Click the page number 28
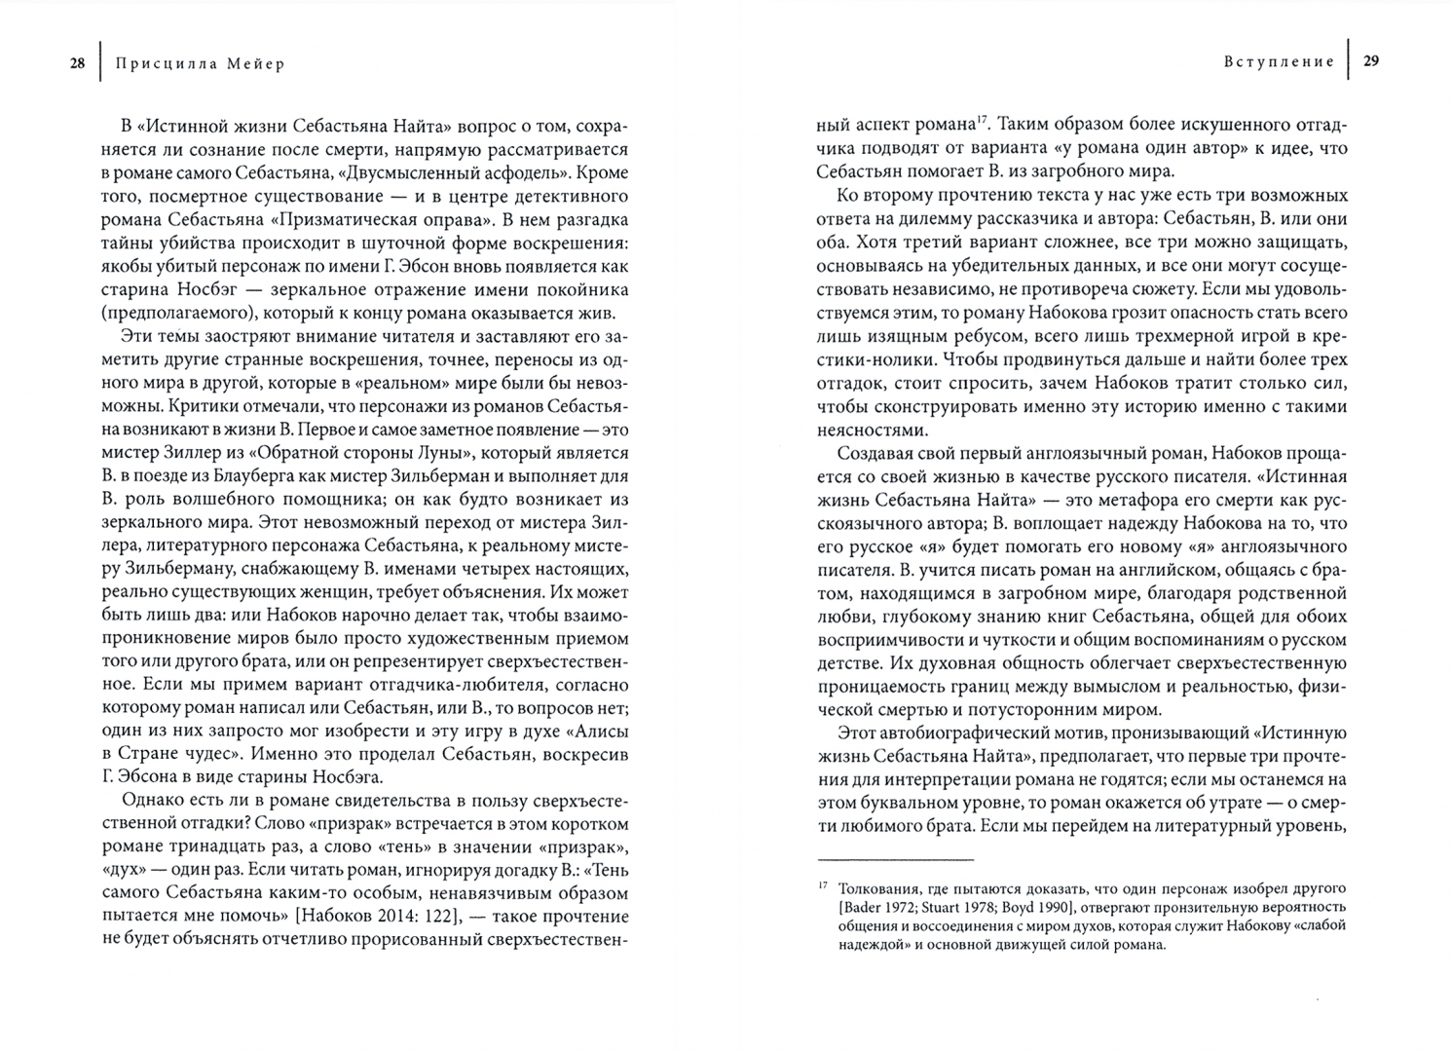click(x=77, y=64)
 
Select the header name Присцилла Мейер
click(x=200, y=64)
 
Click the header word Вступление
click(x=1279, y=61)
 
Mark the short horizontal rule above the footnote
click(x=895, y=860)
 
